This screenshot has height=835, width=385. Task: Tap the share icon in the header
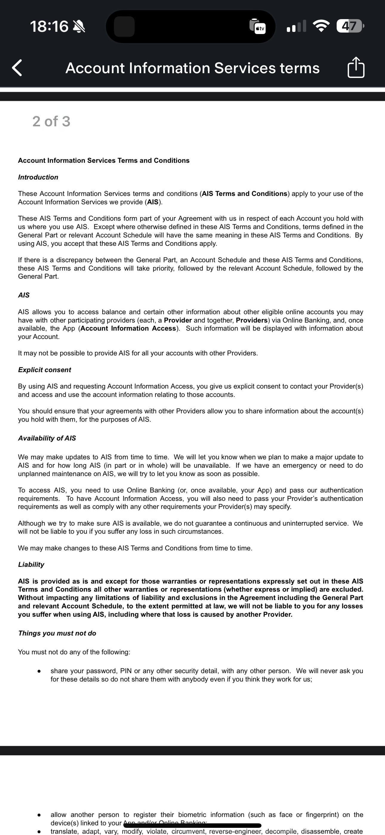tap(356, 67)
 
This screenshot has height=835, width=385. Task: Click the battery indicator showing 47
tap(350, 26)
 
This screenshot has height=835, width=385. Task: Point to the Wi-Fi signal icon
tap(321, 26)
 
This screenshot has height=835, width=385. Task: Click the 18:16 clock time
tap(49, 26)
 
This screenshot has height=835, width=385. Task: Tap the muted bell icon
tap(79, 26)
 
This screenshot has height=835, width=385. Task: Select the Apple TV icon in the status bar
tap(258, 26)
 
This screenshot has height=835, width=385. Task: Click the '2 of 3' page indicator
tap(51, 122)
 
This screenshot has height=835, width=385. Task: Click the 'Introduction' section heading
tap(38, 177)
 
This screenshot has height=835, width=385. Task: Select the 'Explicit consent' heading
tap(45, 370)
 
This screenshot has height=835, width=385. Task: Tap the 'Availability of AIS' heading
tap(47, 438)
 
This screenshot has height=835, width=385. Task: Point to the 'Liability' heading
tap(31, 565)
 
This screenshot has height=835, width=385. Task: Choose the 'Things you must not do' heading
tap(57, 633)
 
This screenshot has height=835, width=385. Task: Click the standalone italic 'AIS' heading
tap(24, 295)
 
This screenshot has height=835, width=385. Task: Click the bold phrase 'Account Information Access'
tap(128, 329)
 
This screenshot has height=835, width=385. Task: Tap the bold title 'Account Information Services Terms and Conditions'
tap(104, 160)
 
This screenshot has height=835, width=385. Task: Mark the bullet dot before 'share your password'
tap(39, 671)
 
